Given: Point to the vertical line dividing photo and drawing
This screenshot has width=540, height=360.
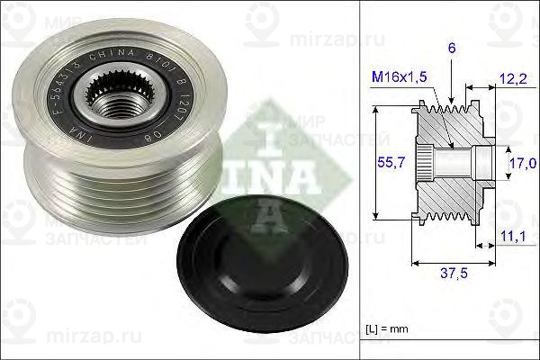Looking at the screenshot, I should coord(359,180).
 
